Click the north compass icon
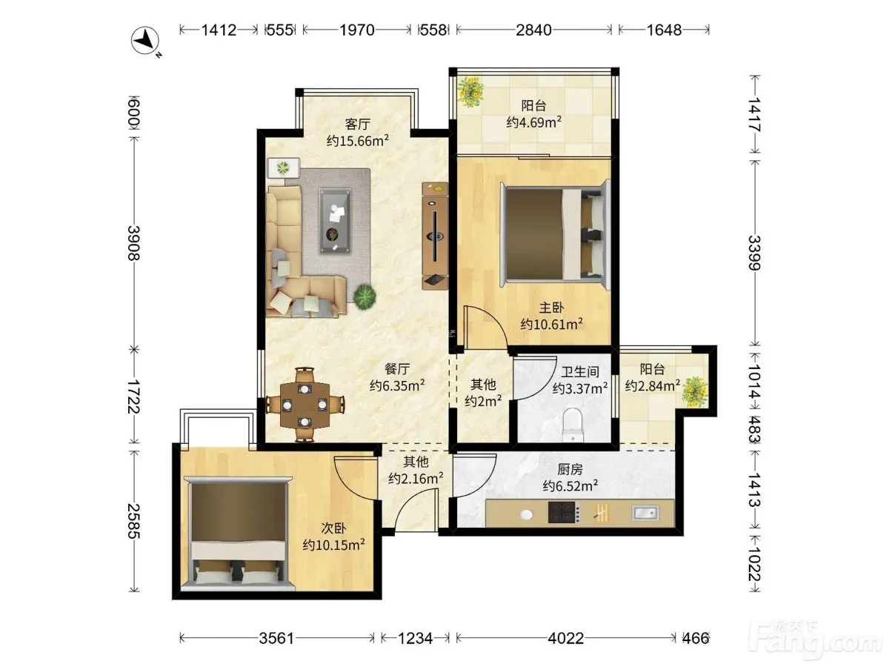145,41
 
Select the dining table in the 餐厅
304,404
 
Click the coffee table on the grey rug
335,221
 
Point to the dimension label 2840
533,30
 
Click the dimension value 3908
134,243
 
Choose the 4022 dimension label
566,638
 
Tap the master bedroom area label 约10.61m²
552,324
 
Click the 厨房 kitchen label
570,469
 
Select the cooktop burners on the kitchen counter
562,512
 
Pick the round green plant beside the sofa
364,297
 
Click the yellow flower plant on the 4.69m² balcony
470,92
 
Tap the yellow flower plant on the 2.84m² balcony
695,391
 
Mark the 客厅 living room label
358,124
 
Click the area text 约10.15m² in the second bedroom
333,545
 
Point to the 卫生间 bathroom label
579,372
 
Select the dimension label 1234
416,638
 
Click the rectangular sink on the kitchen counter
645,513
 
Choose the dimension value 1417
754,115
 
